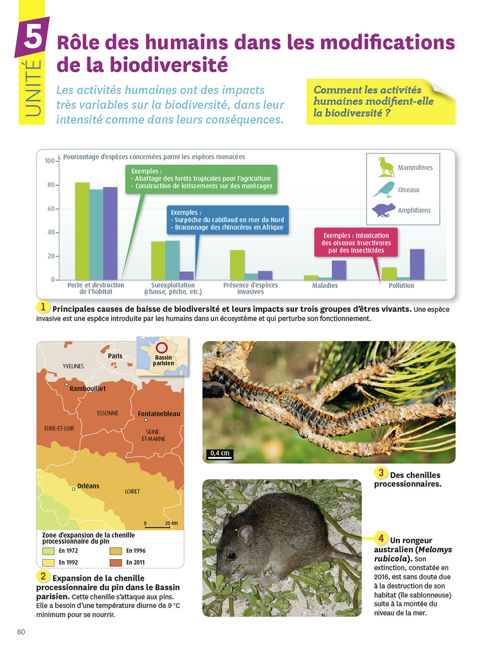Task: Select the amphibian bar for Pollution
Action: (x=417, y=264)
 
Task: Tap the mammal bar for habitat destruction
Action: (x=82, y=231)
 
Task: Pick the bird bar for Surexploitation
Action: (x=172, y=260)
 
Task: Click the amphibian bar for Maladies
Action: (x=339, y=270)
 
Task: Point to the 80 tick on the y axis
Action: (x=51, y=185)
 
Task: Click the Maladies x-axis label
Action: (x=325, y=286)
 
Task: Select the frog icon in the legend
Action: (x=383, y=210)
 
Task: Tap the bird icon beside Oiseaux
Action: (x=384, y=189)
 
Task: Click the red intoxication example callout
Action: (x=356, y=243)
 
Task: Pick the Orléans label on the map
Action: (x=88, y=486)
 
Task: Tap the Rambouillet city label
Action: (x=87, y=388)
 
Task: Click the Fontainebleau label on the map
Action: (x=159, y=414)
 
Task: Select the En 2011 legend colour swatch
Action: (x=116, y=562)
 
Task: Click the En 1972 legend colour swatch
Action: (x=48, y=551)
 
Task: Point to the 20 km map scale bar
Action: (x=157, y=526)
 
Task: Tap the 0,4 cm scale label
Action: (x=219, y=454)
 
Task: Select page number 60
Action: (x=21, y=632)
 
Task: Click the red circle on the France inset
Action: (x=162, y=348)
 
